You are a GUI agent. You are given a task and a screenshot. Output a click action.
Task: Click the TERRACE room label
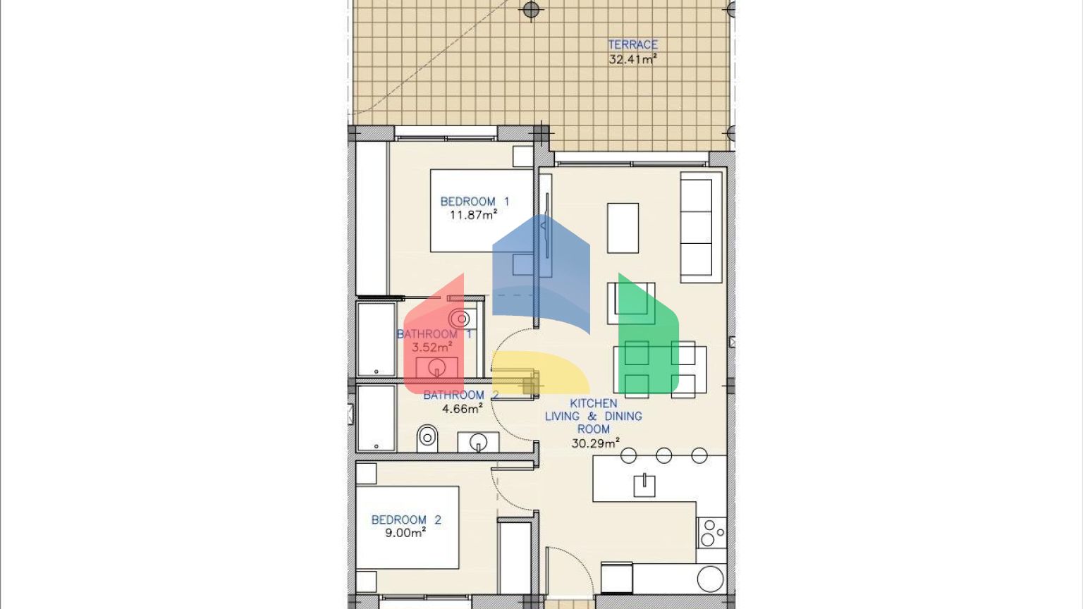[632, 44]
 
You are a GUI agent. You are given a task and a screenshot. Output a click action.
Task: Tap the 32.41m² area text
[632, 59]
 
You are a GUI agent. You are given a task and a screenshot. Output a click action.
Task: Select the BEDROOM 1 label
[475, 201]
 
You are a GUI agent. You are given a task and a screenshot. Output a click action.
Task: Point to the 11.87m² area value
[473, 214]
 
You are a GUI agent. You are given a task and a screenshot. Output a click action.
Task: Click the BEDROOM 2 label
[406, 519]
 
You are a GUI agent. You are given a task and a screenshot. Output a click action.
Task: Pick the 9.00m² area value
[405, 532]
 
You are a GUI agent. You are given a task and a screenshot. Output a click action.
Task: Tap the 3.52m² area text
[432, 347]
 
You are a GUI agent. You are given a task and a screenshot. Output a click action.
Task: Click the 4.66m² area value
[463, 408]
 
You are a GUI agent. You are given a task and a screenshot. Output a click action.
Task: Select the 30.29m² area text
[596, 443]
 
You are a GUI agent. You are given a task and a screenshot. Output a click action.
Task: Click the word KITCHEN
[593, 403]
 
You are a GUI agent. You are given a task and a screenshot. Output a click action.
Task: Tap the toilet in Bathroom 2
[427, 438]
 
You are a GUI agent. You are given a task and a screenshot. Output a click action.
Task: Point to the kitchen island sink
[644, 486]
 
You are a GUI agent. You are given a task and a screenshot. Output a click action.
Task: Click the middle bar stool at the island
[663, 455]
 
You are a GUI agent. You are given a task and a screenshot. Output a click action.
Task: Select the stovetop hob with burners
[711, 533]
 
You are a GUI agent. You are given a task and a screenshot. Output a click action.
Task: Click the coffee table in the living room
[623, 228]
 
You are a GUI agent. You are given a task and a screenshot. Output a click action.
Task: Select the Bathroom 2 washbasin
[478, 442]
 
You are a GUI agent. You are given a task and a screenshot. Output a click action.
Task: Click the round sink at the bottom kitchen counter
[711, 578]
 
